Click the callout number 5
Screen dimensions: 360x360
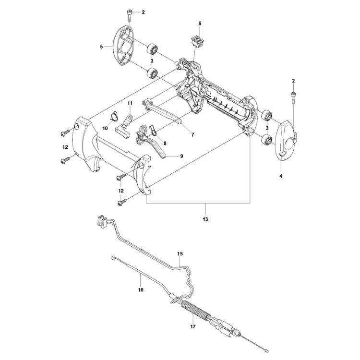click(x=102, y=47)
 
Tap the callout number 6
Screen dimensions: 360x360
click(x=200, y=23)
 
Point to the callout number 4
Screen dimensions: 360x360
click(x=281, y=176)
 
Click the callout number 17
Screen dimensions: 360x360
click(x=193, y=328)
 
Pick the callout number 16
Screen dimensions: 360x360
click(x=141, y=289)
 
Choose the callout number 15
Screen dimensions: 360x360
click(x=180, y=253)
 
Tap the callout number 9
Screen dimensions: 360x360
click(x=182, y=156)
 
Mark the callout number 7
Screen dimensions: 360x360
click(x=192, y=135)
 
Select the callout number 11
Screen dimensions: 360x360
click(x=130, y=104)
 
